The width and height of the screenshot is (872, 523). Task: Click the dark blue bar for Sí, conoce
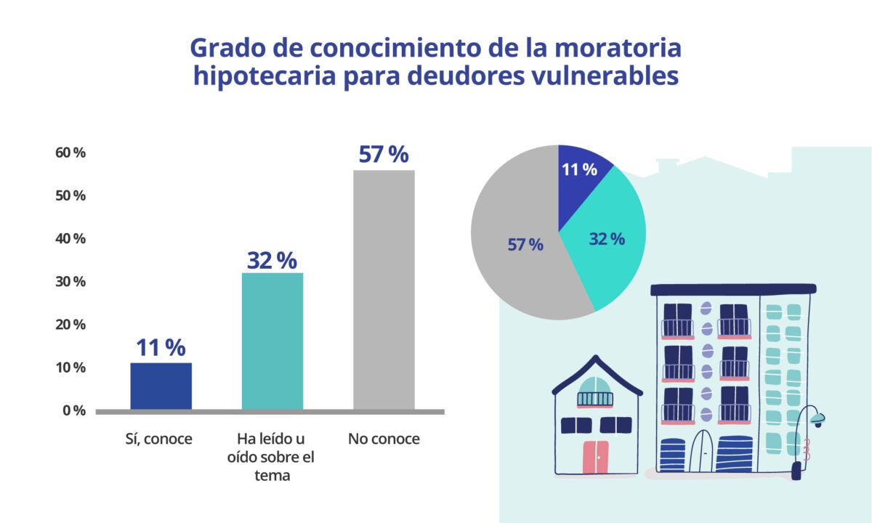click(161, 386)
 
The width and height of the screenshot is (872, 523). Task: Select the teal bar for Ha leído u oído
click(272, 341)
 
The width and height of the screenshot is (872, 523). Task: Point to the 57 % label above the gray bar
click(384, 155)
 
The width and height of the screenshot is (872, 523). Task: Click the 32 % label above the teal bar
click(272, 260)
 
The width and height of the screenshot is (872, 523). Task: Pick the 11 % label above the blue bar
click(161, 348)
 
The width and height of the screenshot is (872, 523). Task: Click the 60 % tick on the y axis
click(70, 153)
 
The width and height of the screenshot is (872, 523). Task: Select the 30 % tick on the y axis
click(70, 282)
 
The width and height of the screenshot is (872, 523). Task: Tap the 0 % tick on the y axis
click(73, 410)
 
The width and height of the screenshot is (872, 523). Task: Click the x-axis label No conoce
click(384, 439)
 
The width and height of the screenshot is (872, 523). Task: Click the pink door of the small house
click(596, 457)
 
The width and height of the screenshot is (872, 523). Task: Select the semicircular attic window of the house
click(595, 385)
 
